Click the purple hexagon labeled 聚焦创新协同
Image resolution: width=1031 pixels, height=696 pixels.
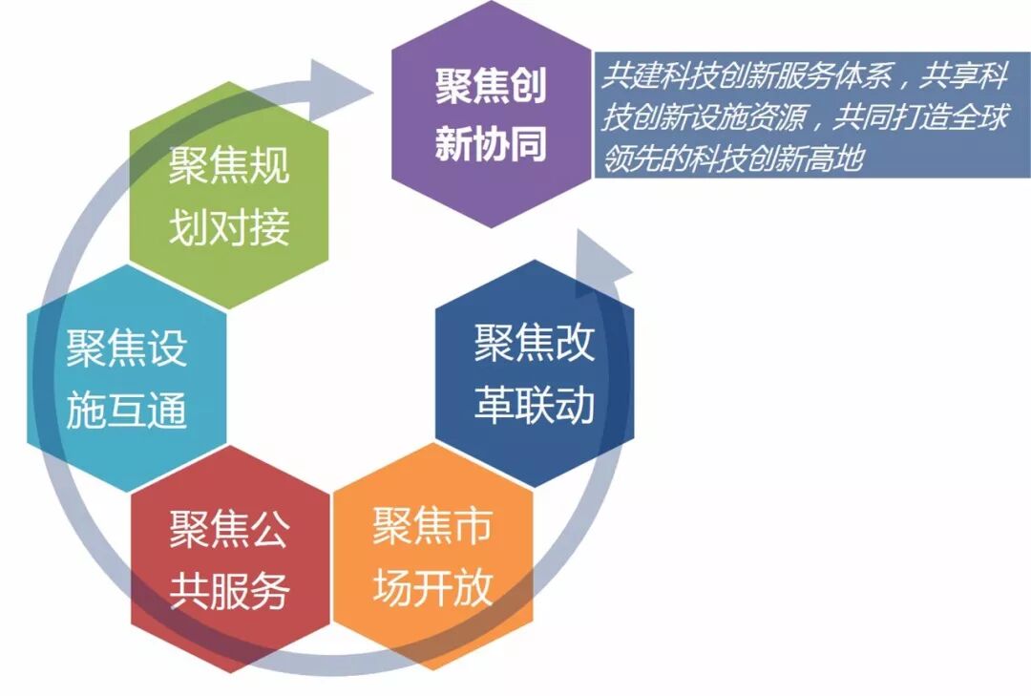tap(491, 115)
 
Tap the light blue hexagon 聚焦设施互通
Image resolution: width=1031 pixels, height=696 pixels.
tap(127, 380)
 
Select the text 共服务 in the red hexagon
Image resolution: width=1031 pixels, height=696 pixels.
tap(229, 593)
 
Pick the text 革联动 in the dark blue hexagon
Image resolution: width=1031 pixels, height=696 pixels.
tap(535, 406)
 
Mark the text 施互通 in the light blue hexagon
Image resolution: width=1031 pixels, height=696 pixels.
tap(127, 412)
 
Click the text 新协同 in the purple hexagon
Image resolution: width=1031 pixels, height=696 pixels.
tap(491, 145)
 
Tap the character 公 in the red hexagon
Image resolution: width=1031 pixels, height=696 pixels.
tap(269, 529)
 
